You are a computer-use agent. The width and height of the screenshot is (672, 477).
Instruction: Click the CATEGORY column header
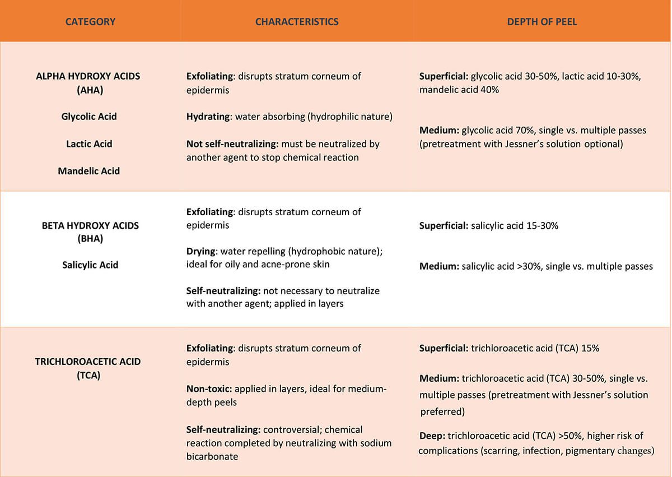click(90, 22)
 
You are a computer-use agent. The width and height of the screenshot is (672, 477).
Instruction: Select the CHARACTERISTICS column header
click(297, 22)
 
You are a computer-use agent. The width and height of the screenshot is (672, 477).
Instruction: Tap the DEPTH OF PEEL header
click(542, 22)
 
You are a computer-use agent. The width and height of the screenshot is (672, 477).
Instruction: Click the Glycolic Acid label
click(89, 117)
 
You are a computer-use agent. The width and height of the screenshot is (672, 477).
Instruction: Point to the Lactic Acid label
click(89, 143)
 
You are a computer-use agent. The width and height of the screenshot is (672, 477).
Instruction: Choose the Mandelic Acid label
click(89, 171)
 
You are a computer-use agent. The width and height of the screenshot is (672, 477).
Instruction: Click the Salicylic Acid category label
click(90, 265)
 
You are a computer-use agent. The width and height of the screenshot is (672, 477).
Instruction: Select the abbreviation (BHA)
click(90, 239)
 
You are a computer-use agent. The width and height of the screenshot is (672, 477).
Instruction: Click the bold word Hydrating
click(208, 117)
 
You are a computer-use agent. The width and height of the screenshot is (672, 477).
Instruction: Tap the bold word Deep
click(431, 436)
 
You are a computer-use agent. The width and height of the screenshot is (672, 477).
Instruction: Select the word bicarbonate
click(212, 456)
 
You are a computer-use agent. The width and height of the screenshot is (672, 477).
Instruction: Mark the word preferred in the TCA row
click(442, 411)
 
